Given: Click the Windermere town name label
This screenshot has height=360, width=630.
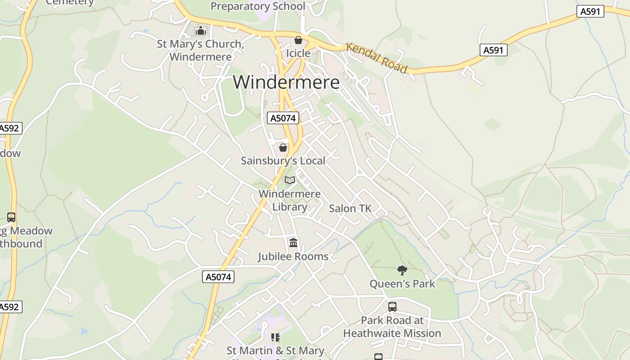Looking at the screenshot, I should (x=286, y=82).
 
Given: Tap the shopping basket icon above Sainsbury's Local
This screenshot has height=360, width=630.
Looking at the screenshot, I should (x=283, y=148).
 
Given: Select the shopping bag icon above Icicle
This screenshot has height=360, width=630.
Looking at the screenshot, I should (x=298, y=40).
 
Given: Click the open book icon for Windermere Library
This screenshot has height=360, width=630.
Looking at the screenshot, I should (x=290, y=180).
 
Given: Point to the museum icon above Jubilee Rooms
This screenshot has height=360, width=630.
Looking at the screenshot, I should (x=293, y=243).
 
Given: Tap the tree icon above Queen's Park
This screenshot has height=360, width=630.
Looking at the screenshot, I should (x=402, y=270).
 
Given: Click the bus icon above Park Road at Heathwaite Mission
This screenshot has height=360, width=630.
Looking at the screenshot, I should (x=392, y=307).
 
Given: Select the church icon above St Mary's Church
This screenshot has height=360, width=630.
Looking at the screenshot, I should (x=201, y=31).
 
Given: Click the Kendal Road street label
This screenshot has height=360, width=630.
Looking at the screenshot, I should (x=377, y=58).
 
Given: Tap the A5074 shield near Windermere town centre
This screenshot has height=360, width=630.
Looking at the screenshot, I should (x=283, y=118).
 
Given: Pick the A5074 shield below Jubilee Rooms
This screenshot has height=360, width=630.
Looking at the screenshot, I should (x=219, y=277).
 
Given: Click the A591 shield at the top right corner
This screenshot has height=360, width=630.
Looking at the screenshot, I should (x=590, y=12).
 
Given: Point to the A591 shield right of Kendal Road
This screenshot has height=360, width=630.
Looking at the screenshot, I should (x=493, y=50).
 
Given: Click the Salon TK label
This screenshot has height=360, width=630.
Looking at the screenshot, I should (x=350, y=208).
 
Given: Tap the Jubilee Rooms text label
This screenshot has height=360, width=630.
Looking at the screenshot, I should (x=293, y=256).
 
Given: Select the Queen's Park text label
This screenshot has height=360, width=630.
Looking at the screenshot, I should (x=402, y=283).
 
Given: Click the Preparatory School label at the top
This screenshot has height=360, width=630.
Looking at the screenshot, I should (x=258, y=6).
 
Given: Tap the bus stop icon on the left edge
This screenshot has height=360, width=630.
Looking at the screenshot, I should (x=11, y=217).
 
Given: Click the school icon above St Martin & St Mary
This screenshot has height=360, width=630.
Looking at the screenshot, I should (x=275, y=337).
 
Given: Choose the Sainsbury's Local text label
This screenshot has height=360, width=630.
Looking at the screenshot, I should (x=283, y=161).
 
